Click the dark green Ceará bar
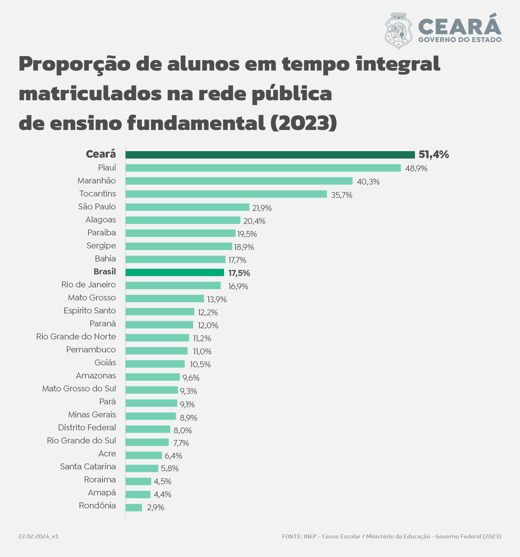[270, 155]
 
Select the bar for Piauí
[263, 168]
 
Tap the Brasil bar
[175, 273]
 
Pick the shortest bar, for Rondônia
[134, 507]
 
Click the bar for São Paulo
[187, 207]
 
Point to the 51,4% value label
[433, 154]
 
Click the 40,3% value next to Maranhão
[368, 182]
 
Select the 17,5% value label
[239, 273]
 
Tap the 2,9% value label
[155, 508]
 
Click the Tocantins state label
[98, 193]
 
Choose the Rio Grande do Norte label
[76, 336]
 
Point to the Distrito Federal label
[87, 427]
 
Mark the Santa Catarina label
[88, 466]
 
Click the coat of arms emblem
[399, 31]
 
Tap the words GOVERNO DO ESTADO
[460, 39]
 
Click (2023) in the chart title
[303, 123]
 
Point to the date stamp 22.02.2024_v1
[38, 537]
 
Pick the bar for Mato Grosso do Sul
[152, 390]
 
